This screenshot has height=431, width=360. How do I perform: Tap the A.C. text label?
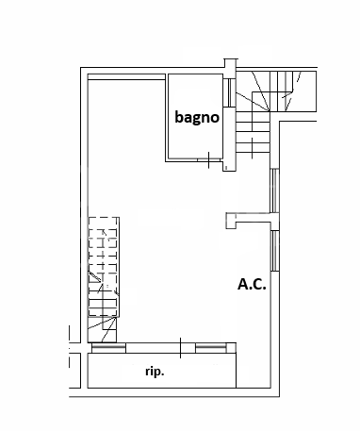(x=250, y=282)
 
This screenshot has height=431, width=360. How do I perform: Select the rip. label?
(x=155, y=373)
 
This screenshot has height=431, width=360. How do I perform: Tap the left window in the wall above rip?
(x=107, y=348)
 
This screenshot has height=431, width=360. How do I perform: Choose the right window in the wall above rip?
(x=211, y=348)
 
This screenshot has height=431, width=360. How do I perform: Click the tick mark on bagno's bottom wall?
(x=207, y=161)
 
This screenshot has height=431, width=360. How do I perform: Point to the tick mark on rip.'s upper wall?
(x=181, y=346)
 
